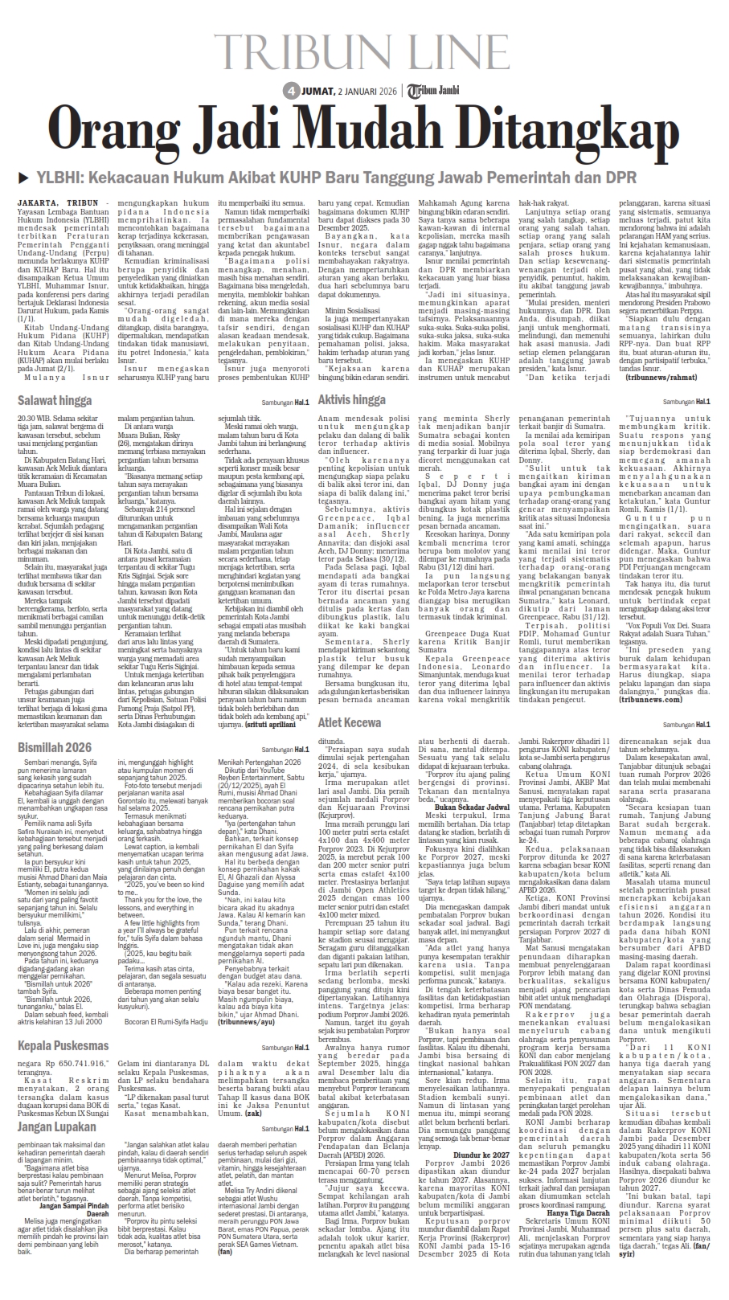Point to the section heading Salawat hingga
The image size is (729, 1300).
click(55, 400)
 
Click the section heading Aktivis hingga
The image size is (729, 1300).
click(352, 399)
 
